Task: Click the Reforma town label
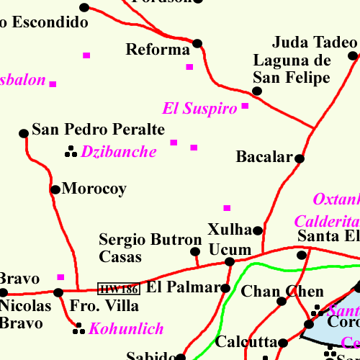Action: click(x=157, y=50)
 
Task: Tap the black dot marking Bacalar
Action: click(x=300, y=158)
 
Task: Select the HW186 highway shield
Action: click(x=119, y=289)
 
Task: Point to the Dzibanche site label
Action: click(x=119, y=152)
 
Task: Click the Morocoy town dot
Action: click(x=55, y=190)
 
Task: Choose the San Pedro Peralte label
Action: click(x=99, y=130)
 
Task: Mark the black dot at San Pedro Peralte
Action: click(x=24, y=133)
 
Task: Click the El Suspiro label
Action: click(x=199, y=109)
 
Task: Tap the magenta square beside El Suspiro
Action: click(x=245, y=107)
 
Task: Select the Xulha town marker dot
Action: click(x=258, y=230)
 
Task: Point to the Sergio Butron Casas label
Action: click(x=150, y=248)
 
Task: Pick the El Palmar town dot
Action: click(x=225, y=289)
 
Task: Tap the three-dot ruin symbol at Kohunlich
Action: click(x=79, y=330)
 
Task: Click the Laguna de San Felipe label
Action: click(x=292, y=69)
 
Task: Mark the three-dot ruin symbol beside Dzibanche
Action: click(x=71, y=151)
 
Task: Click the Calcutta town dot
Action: click(x=284, y=343)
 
